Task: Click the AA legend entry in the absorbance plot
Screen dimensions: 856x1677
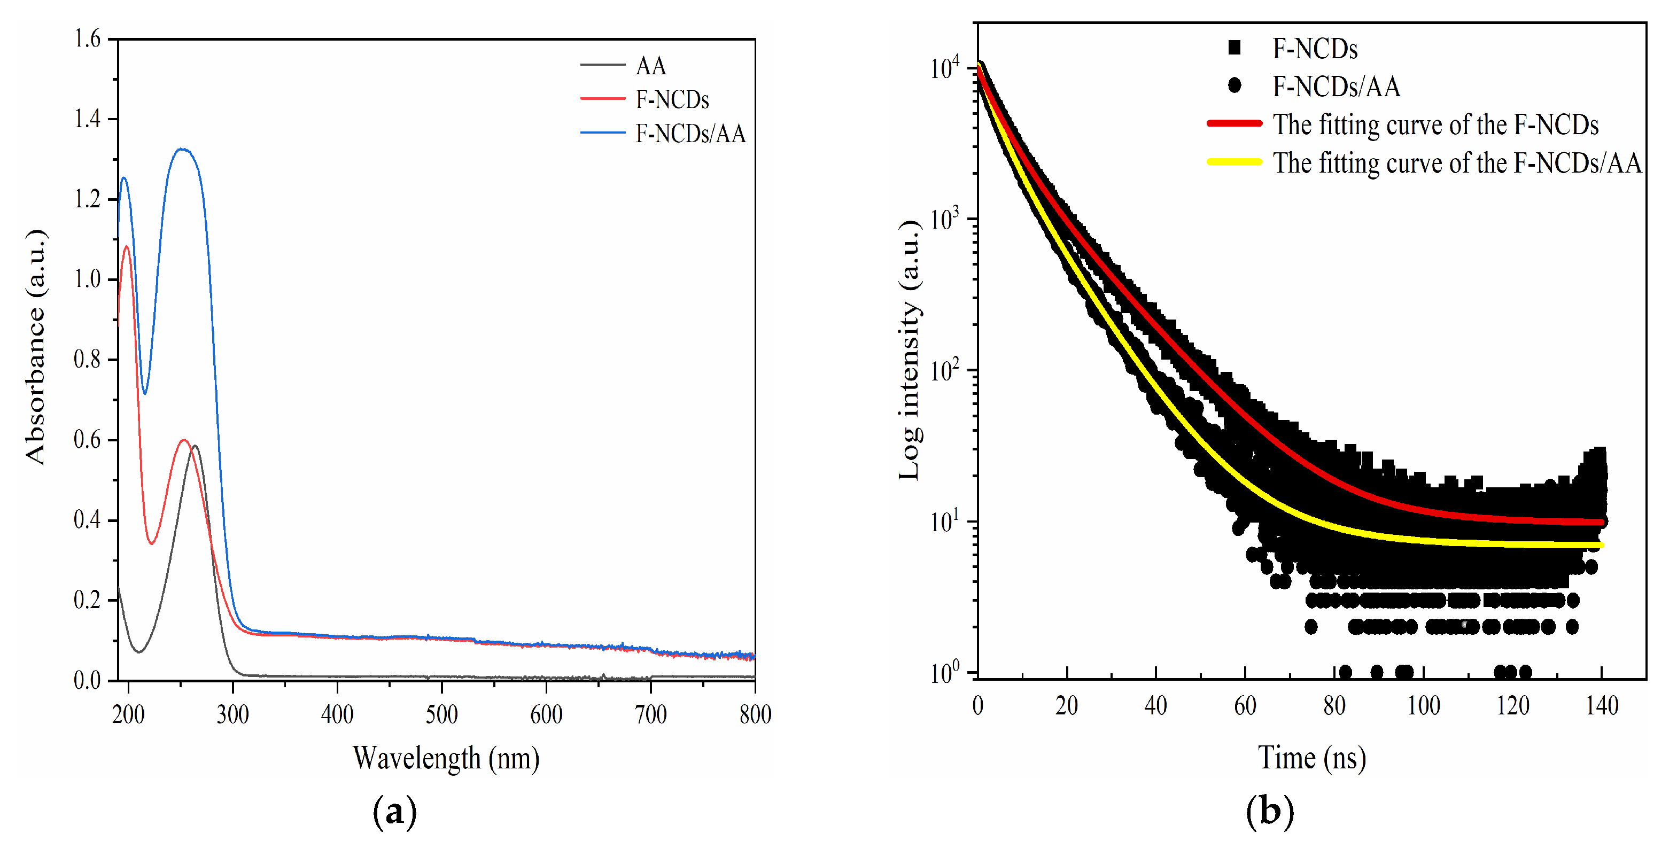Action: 650,66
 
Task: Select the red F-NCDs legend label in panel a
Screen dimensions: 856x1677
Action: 672,99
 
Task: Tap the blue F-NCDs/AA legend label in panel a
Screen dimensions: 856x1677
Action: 690,134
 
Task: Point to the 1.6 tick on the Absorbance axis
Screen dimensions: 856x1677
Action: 88,39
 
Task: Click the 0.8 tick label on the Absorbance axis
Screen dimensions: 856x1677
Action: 88,359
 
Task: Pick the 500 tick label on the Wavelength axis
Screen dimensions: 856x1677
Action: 441,715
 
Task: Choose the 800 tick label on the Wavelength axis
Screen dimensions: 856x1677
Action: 755,715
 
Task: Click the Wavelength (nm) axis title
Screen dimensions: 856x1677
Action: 446,758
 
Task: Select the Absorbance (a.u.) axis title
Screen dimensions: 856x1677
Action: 36,347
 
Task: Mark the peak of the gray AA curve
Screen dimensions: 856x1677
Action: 195,446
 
